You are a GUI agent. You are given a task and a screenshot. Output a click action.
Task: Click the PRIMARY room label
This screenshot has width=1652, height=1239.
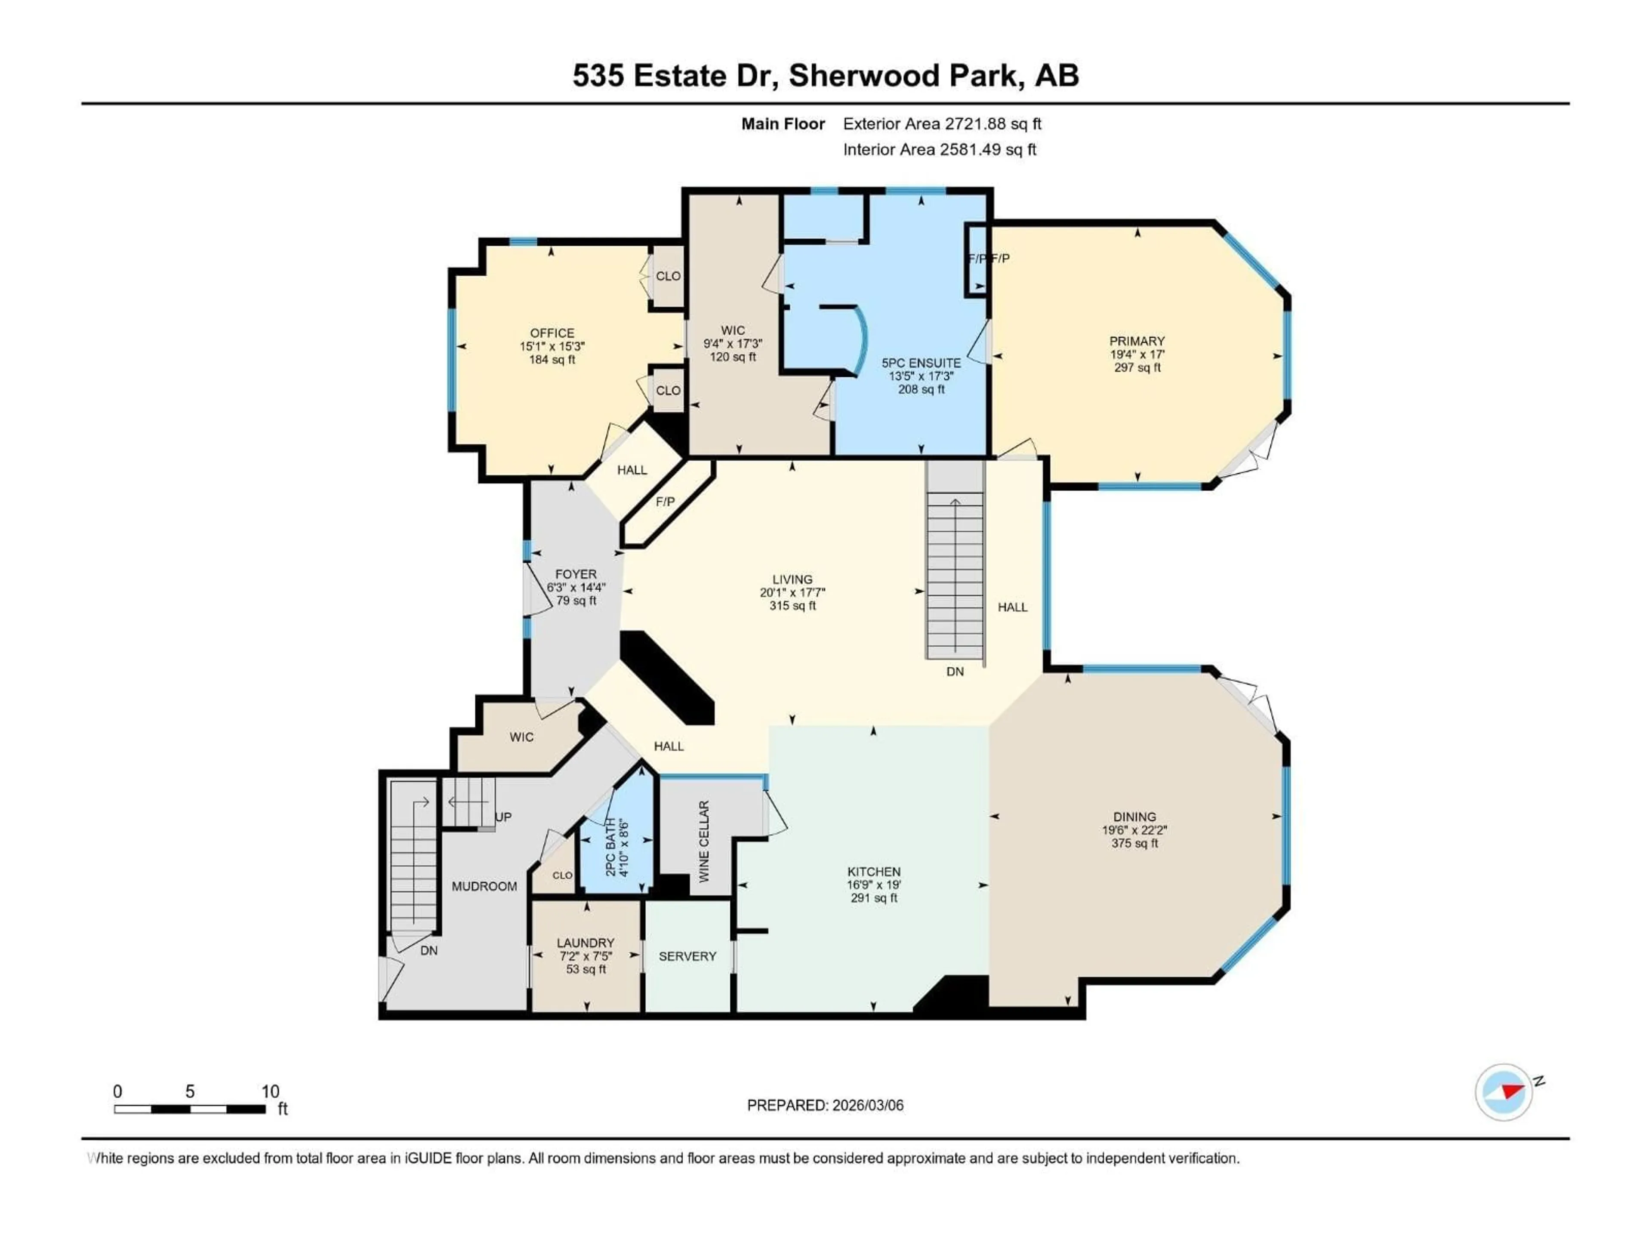[x=1137, y=341]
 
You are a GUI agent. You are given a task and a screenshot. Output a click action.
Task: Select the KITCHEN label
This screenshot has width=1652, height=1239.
[x=874, y=872]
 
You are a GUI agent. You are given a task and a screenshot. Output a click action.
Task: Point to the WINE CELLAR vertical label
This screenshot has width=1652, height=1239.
[x=703, y=841]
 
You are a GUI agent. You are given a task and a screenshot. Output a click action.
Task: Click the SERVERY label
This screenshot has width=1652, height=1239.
[x=687, y=956]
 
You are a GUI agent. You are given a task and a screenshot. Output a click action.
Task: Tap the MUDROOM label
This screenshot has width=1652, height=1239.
[x=484, y=887]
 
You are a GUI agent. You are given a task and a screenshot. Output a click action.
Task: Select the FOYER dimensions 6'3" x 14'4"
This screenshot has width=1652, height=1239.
[x=576, y=588]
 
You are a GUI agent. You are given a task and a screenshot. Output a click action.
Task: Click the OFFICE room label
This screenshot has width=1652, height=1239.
[x=552, y=333]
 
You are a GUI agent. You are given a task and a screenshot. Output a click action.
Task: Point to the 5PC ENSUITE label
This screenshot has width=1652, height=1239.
[x=921, y=363]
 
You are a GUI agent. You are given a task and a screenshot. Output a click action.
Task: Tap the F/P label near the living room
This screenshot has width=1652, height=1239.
[x=665, y=502]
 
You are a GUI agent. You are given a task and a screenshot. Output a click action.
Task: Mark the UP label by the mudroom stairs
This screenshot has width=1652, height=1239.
[x=503, y=817]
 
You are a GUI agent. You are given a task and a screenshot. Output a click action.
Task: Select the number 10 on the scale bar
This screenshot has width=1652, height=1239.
[x=270, y=1091]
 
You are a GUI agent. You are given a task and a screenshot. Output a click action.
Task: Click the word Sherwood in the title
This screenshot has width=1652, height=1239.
[x=865, y=75]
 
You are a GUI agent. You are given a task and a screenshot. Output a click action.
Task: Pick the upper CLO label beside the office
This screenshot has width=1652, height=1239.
[x=668, y=276]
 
